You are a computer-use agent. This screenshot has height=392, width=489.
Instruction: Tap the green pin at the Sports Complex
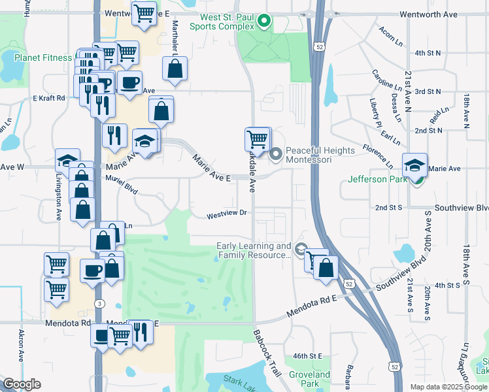264,22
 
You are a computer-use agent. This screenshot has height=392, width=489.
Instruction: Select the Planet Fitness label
42,57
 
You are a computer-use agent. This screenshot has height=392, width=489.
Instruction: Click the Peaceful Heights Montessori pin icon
276,154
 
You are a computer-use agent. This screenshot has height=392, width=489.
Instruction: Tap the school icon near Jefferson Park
414,165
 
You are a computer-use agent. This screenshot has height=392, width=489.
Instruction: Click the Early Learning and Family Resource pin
301,250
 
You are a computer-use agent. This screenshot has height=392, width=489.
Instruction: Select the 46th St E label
308,356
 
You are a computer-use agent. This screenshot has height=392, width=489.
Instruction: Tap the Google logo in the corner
22,384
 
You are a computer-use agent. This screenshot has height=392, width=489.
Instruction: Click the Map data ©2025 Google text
448,387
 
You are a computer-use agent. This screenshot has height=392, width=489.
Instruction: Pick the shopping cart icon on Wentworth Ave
144,13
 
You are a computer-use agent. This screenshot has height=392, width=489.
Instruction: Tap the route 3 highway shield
99,303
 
